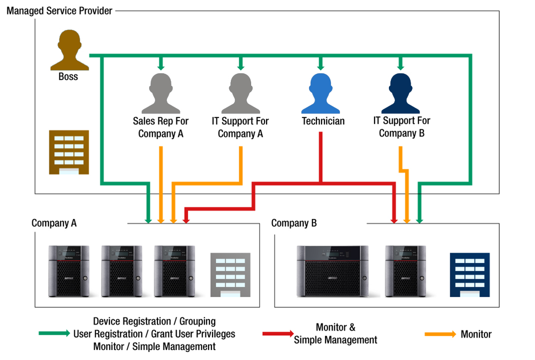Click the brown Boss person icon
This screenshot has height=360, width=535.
[69, 51]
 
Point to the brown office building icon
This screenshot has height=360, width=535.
[68, 152]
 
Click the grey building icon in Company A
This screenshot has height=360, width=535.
[230, 275]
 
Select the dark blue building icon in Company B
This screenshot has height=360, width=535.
[470, 275]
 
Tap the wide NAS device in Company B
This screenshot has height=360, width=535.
[332, 271]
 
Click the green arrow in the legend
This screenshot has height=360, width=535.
[54, 334]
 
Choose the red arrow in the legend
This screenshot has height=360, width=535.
[278, 334]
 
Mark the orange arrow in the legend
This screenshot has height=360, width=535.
[440, 334]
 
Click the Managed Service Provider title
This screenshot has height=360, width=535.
[59, 10]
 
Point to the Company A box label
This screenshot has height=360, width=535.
[54, 223]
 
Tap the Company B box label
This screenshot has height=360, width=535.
[294, 223]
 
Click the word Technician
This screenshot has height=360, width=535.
[323, 121]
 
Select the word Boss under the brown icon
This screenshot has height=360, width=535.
[68, 77]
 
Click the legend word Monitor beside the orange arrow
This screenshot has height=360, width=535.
[476, 334]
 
